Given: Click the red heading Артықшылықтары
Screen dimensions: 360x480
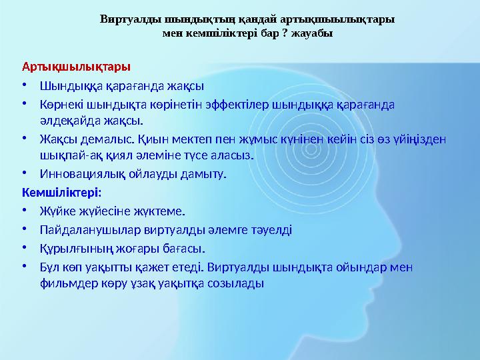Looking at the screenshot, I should click(76, 67).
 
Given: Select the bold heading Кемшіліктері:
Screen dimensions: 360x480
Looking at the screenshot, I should click(61, 193).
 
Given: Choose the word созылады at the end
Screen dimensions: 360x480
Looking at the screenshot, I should click(239, 283).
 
